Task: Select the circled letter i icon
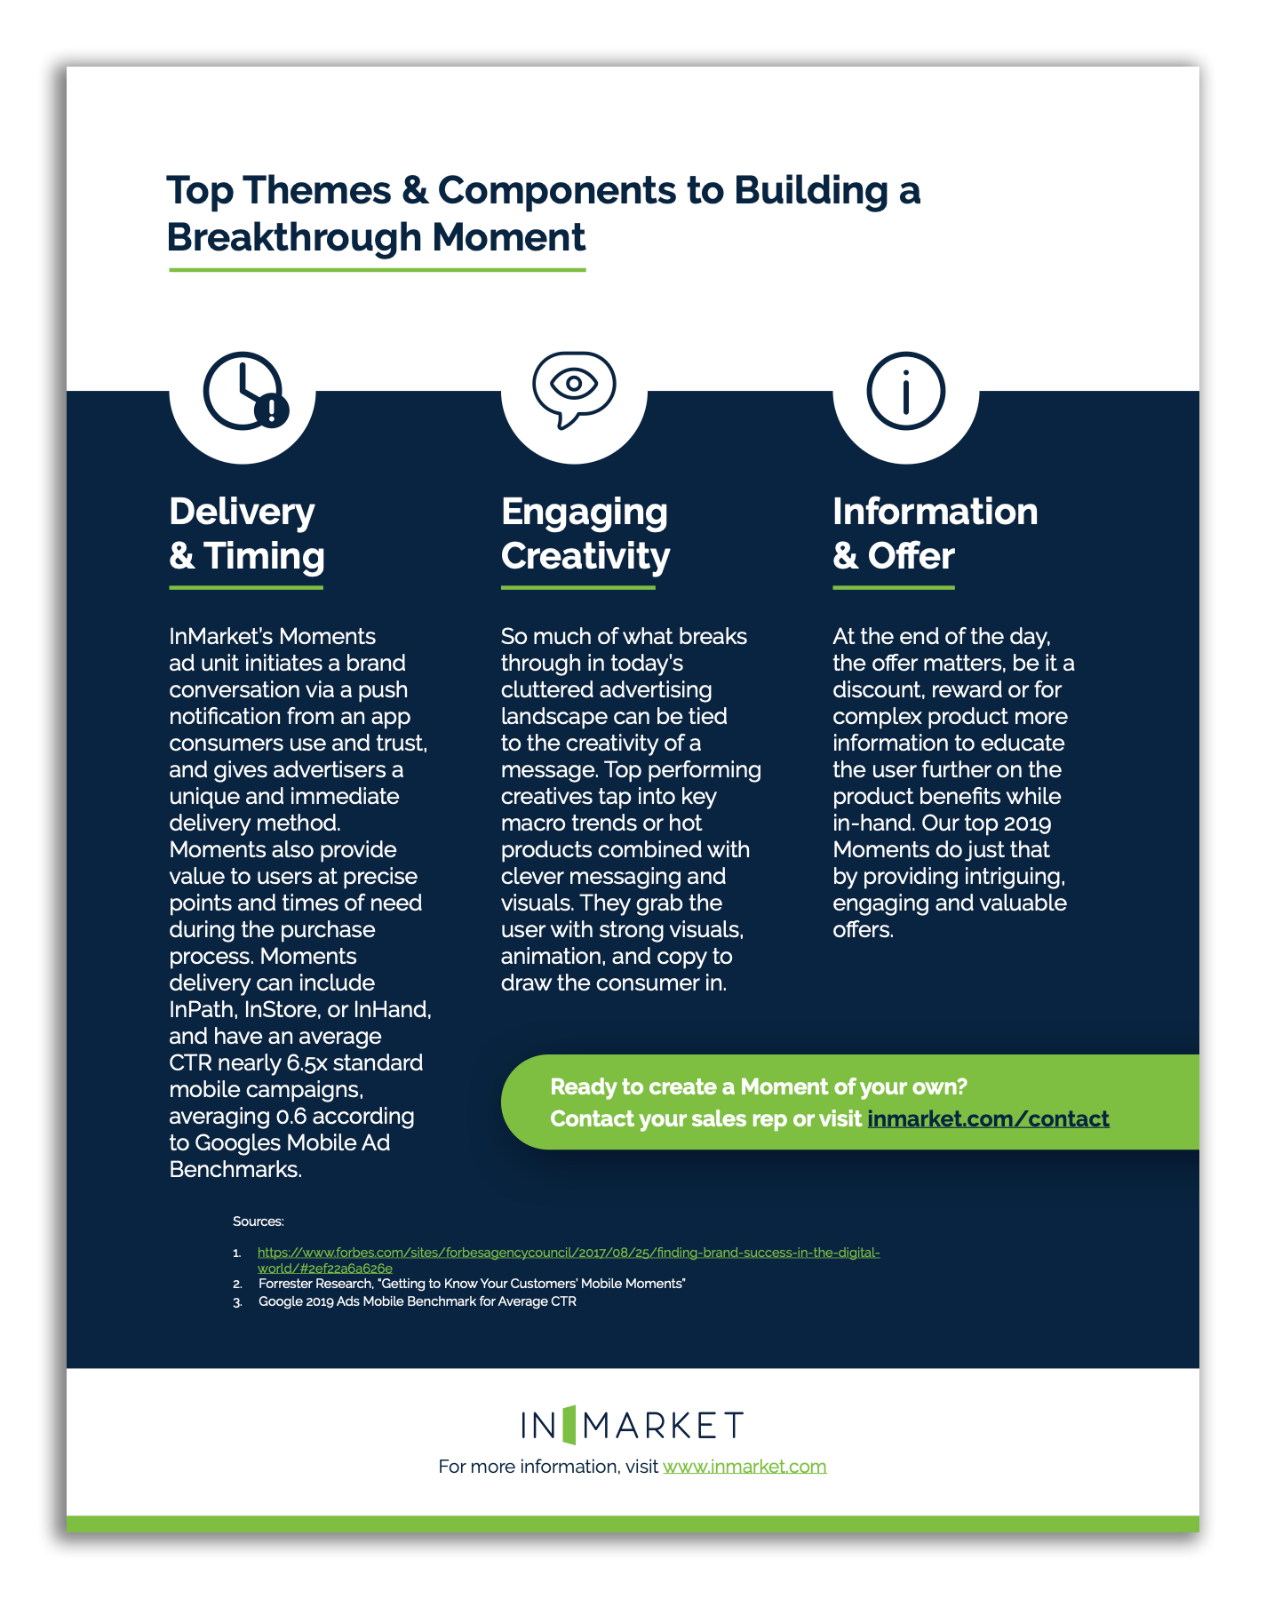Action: pos(905,391)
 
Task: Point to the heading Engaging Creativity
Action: pos(585,533)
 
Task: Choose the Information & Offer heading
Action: pos(936,533)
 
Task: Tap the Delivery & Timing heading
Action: pos(247,533)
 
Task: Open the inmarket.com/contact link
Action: pos(988,1118)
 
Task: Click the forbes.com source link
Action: pos(569,1260)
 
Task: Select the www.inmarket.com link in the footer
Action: pos(744,1466)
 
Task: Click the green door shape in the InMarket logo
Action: pos(569,1425)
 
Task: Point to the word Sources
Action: pos(258,1221)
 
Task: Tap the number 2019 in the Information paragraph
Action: pos(1027,823)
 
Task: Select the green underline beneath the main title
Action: pos(377,269)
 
